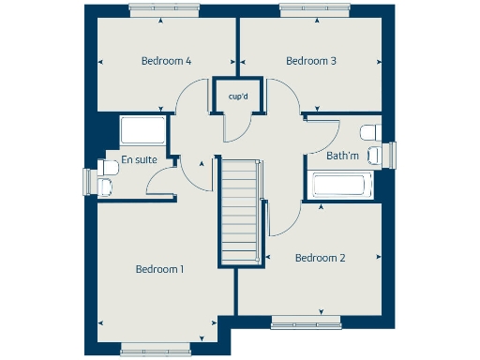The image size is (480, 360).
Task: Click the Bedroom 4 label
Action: tap(166, 61)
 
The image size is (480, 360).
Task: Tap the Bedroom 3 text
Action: tap(311, 61)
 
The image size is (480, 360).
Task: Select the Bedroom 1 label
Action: tap(159, 269)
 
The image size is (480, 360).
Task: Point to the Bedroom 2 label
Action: tap(321, 258)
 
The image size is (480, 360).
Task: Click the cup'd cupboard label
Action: tap(238, 95)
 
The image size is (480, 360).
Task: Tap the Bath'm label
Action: tap(343, 157)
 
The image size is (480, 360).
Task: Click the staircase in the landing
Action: tap(238, 212)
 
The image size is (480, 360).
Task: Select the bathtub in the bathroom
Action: tap(342, 185)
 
